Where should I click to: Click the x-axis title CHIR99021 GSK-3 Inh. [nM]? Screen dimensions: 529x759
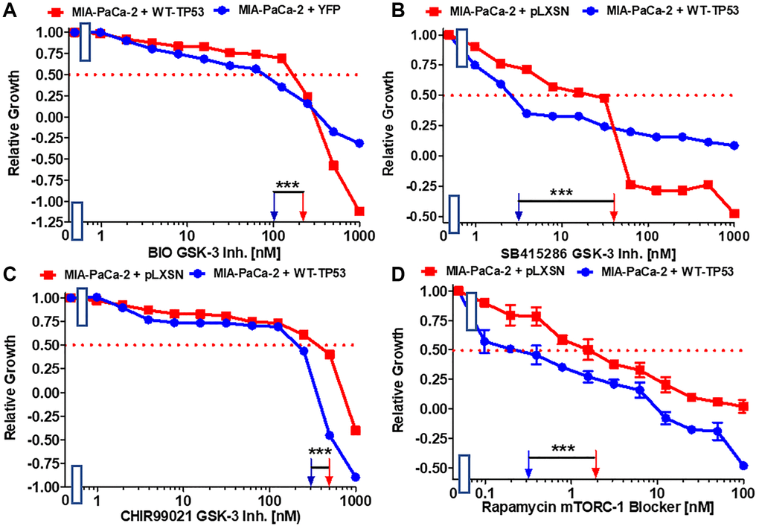[x=217, y=510]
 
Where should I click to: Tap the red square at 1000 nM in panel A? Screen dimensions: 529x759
[x=359, y=211]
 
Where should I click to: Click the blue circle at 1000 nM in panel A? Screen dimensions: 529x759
[x=359, y=143]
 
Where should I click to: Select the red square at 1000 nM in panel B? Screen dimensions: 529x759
[x=735, y=214]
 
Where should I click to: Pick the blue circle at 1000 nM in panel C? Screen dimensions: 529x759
[x=356, y=477]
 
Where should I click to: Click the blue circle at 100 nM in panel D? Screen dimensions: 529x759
[x=743, y=466]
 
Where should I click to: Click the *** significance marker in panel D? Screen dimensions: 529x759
[x=562, y=450]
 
